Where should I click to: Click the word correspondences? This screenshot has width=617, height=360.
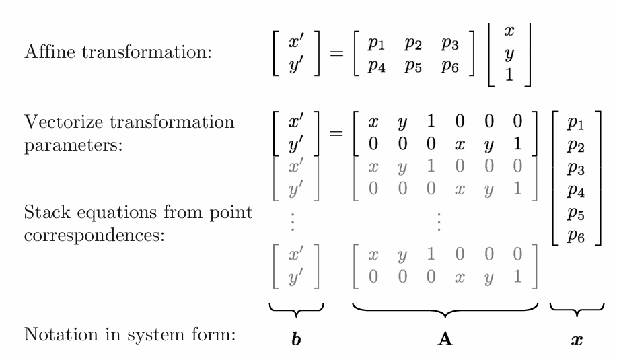coord(94,235)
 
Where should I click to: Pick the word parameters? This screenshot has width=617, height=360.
coord(73,146)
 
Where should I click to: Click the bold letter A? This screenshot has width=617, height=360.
coord(445,338)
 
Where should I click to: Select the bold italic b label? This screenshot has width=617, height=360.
coord(296,338)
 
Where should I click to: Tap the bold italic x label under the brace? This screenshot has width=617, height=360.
coord(577,340)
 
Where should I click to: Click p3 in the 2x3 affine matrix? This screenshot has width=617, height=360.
coord(449,43)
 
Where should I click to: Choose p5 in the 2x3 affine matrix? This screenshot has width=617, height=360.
coord(412,66)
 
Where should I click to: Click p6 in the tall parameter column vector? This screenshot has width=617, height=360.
coord(576,236)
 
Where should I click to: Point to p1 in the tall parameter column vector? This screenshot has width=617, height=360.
coord(576,123)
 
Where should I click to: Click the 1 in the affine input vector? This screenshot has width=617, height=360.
coord(509,75)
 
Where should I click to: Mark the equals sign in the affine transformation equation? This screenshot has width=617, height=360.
coord(336,53)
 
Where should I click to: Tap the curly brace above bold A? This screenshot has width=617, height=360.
coord(445,310)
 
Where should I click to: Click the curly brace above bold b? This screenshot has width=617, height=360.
coord(296,310)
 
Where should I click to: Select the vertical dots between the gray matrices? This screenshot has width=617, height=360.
coord(439,222)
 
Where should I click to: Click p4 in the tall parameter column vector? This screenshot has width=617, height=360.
coord(576,191)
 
